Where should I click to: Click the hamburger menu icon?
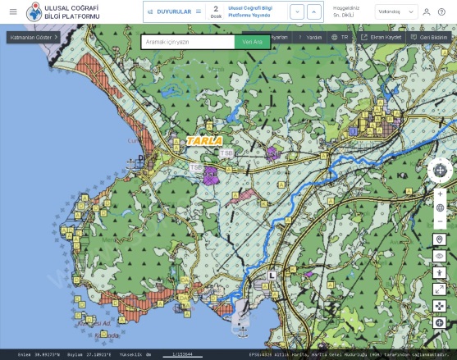pos(12,11)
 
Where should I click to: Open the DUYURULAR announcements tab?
pos(174,11)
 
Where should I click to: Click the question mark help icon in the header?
pos(441,11)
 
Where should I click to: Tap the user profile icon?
pos(426,11)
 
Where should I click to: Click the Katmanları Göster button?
pos(34,37)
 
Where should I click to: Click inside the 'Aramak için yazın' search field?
pos(187,42)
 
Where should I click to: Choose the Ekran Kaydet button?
pos(382,37)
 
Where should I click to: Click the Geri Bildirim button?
pos(428,37)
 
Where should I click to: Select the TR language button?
pos(339,37)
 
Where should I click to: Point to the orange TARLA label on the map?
pos(199,140)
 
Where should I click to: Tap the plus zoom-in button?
pos(441,194)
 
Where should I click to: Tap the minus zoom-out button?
pos(441,221)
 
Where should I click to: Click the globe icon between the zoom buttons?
pos(441,207)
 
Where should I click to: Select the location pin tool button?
pos(440,239)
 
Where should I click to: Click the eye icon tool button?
pos(440,256)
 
